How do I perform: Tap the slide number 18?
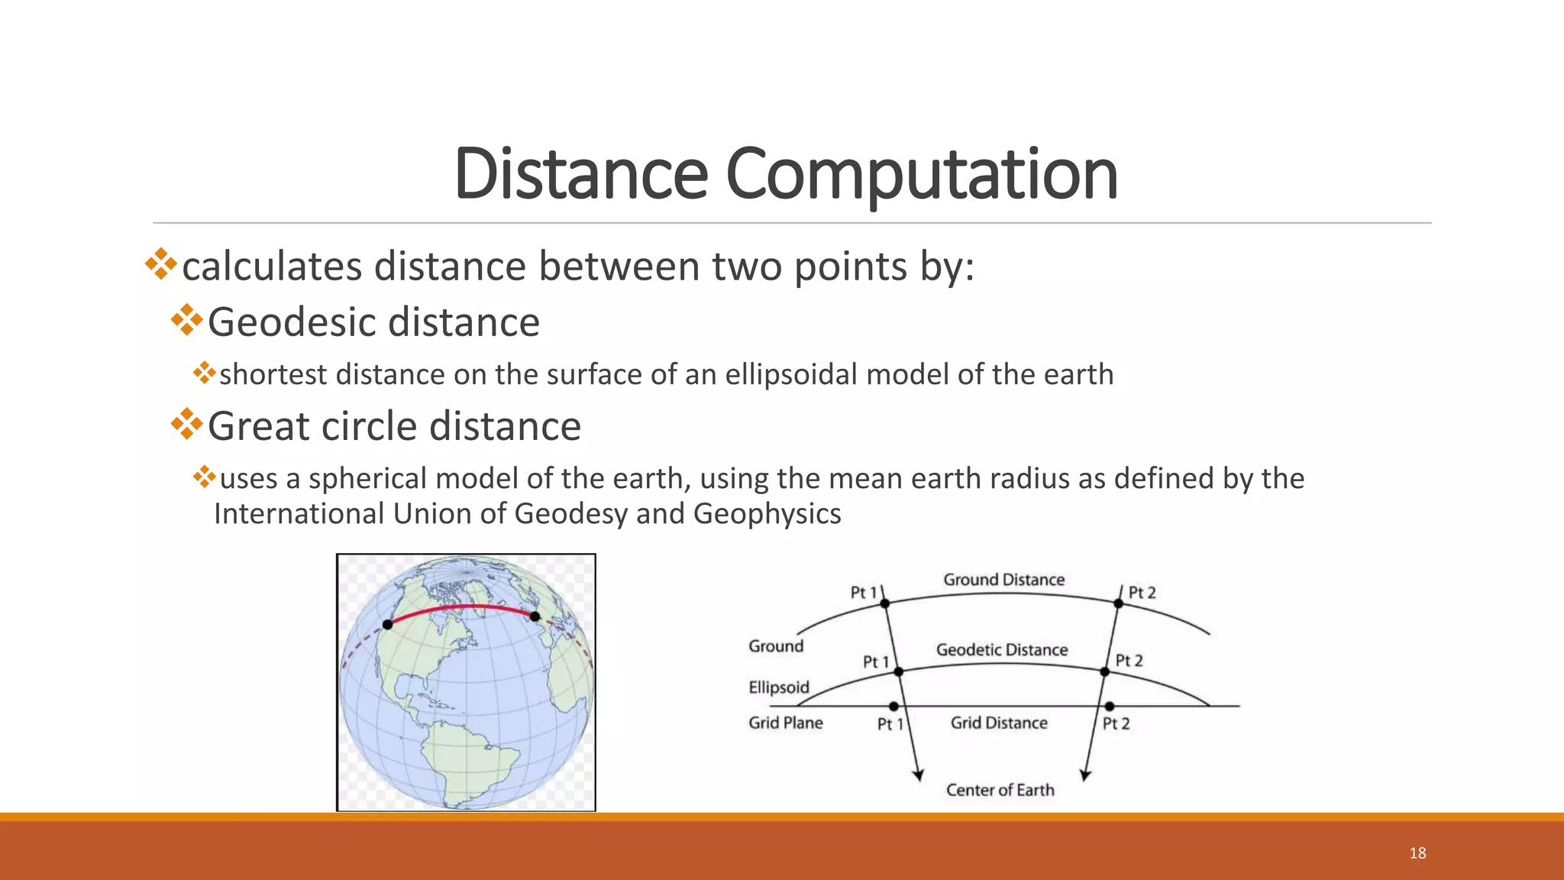pos(1417,853)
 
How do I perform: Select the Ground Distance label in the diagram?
pos(1003,580)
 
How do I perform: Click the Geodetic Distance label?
pos(1002,650)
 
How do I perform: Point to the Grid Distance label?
pos(999,723)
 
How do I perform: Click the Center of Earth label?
pos(1000,790)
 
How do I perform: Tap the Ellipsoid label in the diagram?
pos(778,687)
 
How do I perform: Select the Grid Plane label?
pos(785,723)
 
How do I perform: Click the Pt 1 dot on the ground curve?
pos(885,603)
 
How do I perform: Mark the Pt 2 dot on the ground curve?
pos(1118,603)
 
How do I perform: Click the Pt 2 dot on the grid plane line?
pos(1110,707)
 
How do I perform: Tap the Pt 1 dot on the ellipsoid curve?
pos(898,671)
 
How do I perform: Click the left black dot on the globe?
pos(388,625)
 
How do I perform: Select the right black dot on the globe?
pos(535,616)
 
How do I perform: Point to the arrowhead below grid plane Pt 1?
pos(919,775)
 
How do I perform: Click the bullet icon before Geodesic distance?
pos(186,321)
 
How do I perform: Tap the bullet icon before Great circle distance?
pos(186,425)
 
